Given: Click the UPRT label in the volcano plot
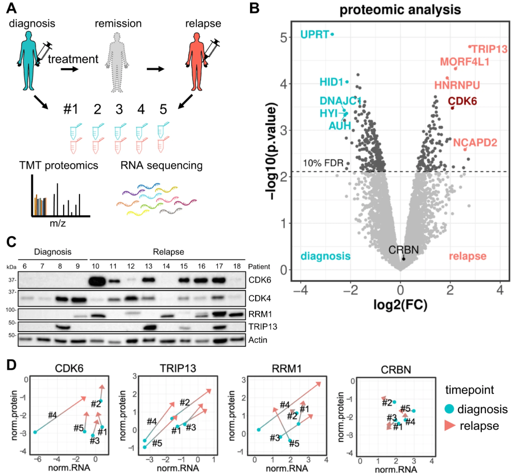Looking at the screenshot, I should (314, 34).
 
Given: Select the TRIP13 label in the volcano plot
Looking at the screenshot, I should (489, 49).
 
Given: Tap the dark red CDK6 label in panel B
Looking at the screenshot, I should (462, 101).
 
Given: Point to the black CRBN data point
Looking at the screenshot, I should (403, 259).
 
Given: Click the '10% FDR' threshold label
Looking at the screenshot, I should (323, 163).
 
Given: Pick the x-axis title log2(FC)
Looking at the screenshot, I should (400, 305).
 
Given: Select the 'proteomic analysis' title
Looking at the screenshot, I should (400, 10).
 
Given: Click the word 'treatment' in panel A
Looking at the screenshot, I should (73, 59).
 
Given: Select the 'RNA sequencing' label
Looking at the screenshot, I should (161, 166).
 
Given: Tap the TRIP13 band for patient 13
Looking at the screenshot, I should (148, 328).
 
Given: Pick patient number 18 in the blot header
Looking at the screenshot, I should (237, 266).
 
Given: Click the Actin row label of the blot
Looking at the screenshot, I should (258, 340).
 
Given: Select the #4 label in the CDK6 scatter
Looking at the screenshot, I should (52, 415).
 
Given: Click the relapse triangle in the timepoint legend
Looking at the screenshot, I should (450, 426).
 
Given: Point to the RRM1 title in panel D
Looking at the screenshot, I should (287, 369).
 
